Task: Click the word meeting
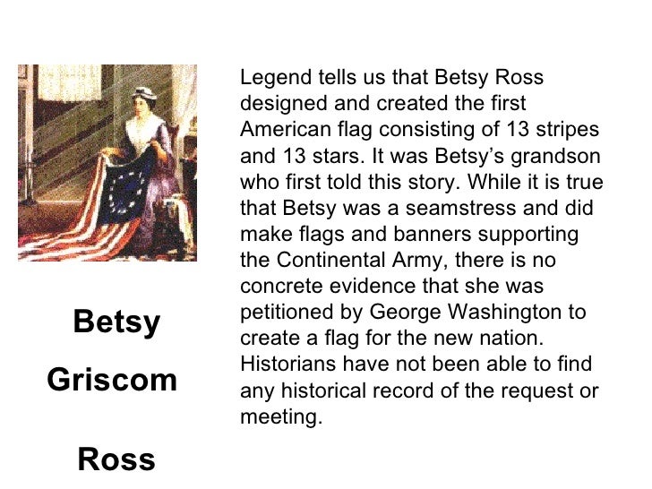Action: pyautogui.click(x=279, y=416)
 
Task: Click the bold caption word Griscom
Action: pyautogui.click(x=111, y=381)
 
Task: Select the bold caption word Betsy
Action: pyautogui.click(x=116, y=322)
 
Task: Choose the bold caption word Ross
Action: pyautogui.click(x=116, y=460)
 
